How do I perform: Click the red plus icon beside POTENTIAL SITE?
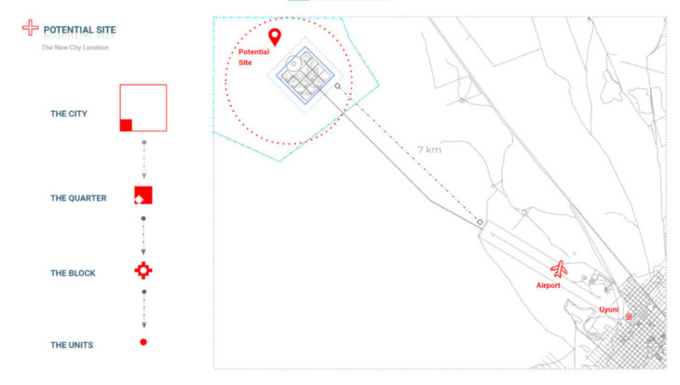point(31,27)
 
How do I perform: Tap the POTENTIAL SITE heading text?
point(80,30)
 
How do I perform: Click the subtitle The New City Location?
point(75,48)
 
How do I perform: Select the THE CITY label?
point(69,114)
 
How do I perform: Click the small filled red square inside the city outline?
point(126,125)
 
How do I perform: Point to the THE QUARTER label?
point(78,198)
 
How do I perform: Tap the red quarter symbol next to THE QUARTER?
point(143,196)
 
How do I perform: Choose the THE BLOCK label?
point(73,273)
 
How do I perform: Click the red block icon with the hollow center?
point(143,271)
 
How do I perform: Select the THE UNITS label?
point(72,345)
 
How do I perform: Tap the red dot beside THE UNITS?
point(143,342)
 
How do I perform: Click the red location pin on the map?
point(275,36)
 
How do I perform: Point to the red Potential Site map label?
point(253,57)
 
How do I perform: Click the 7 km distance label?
point(429,150)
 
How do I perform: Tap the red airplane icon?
point(560,269)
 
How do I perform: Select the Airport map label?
point(548,285)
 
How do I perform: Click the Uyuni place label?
point(608,309)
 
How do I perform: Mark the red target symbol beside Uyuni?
point(629,316)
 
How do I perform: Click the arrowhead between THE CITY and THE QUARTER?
point(144,175)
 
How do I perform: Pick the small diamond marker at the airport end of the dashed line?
point(480,222)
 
